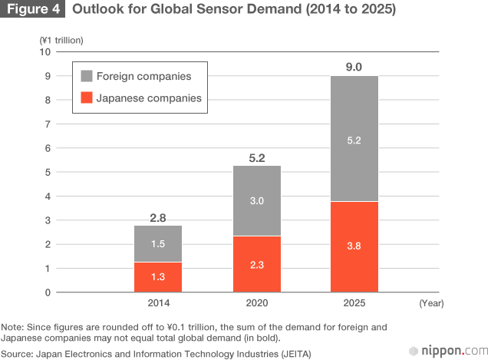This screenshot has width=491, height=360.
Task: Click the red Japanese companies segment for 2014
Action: [158, 277]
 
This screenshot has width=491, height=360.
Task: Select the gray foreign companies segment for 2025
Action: [354, 138]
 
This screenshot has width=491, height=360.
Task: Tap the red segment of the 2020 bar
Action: [256, 264]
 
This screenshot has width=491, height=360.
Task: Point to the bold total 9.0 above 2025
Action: [354, 67]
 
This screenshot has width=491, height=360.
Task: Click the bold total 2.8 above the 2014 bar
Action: [158, 218]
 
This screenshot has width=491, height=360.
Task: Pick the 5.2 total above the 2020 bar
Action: [256, 158]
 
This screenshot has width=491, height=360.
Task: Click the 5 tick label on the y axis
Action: [48, 172]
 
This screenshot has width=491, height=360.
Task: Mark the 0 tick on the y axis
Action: [48, 292]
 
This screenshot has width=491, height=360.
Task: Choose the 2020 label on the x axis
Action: [256, 303]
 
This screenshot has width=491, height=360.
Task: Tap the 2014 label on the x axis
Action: [158, 303]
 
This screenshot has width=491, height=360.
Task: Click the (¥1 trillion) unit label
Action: [61, 39]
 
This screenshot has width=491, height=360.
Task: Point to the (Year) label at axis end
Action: [432, 303]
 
